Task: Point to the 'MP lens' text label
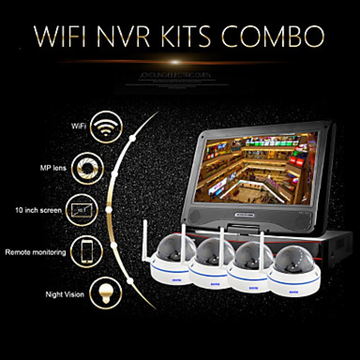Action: (54, 168)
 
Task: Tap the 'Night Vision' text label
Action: (64, 295)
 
